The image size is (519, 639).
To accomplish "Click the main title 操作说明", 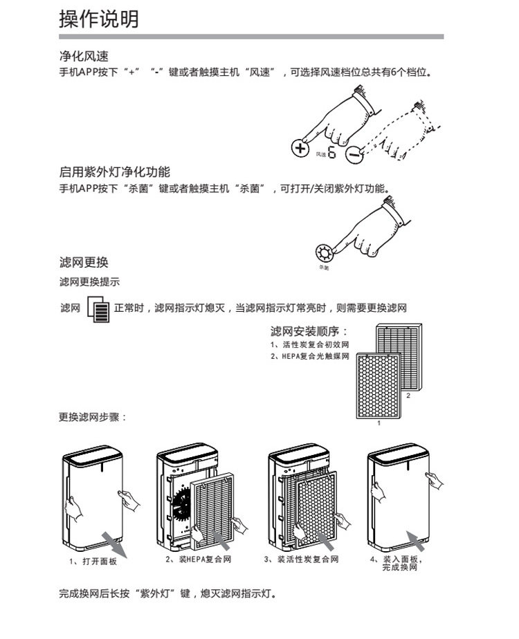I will pyautogui.click(x=99, y=19).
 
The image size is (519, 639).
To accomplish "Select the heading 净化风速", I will pyautogui.click(x=84, y=56).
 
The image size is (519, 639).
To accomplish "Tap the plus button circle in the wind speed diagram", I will pyautogui.click(x=300, y=149).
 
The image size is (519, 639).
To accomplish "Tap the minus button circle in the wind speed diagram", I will pyautogui.click(x=353, y=154).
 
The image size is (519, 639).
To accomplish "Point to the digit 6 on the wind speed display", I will pyautogui.click(x=332, y=153).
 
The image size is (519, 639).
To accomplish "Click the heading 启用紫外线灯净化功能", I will pyautogui.click(x=114, y=172).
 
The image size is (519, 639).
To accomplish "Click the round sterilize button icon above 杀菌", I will pyautogui.click(x=323, y=252).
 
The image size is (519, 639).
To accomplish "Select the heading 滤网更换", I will pyautogui.click(x=84, y=263).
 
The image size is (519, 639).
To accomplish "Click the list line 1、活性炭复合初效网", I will pyautogui.click(x=309, y=345).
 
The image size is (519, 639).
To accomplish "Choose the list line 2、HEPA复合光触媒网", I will pyautogui.click(x=309, y=357).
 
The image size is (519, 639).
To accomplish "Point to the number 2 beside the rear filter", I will pyautogui.click(x=408, y=396).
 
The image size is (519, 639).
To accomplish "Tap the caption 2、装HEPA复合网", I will pyautogui.click(x=198, y=559).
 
